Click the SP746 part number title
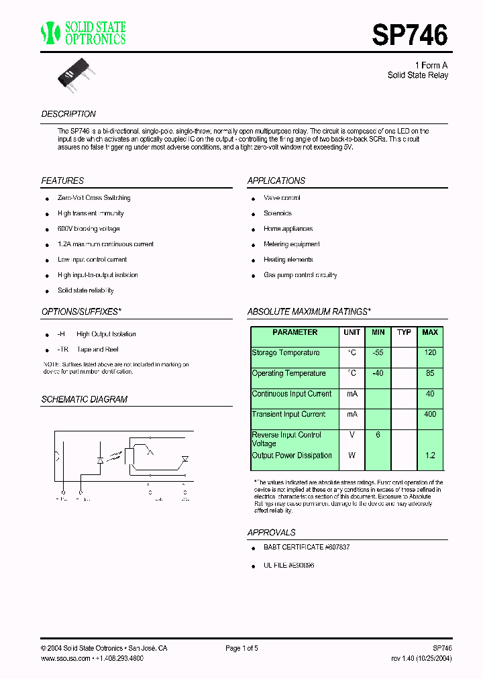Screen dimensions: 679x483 (409, 36)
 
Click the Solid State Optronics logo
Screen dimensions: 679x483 (83, 33)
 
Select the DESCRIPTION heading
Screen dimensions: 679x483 (68, 114)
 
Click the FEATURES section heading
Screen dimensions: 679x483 (62, 181)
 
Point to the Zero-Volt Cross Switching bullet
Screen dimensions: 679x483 (94, 198)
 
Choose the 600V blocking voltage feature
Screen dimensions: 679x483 (89, 229)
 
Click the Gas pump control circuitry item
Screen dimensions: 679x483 (300, 275)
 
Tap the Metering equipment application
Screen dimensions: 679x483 (291, 244)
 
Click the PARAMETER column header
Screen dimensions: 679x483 (295, 333)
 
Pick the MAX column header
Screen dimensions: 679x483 (430, 333)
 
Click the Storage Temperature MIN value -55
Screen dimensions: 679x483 (378, 353)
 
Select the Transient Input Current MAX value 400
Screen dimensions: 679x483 (430, 415)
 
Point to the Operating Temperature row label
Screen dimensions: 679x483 (288, 374)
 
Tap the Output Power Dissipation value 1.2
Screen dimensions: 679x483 (430, 456)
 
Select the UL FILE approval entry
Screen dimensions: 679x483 (288, 566)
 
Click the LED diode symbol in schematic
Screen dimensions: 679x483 (101, 462)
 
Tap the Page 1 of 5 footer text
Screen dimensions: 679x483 (241, 648)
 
